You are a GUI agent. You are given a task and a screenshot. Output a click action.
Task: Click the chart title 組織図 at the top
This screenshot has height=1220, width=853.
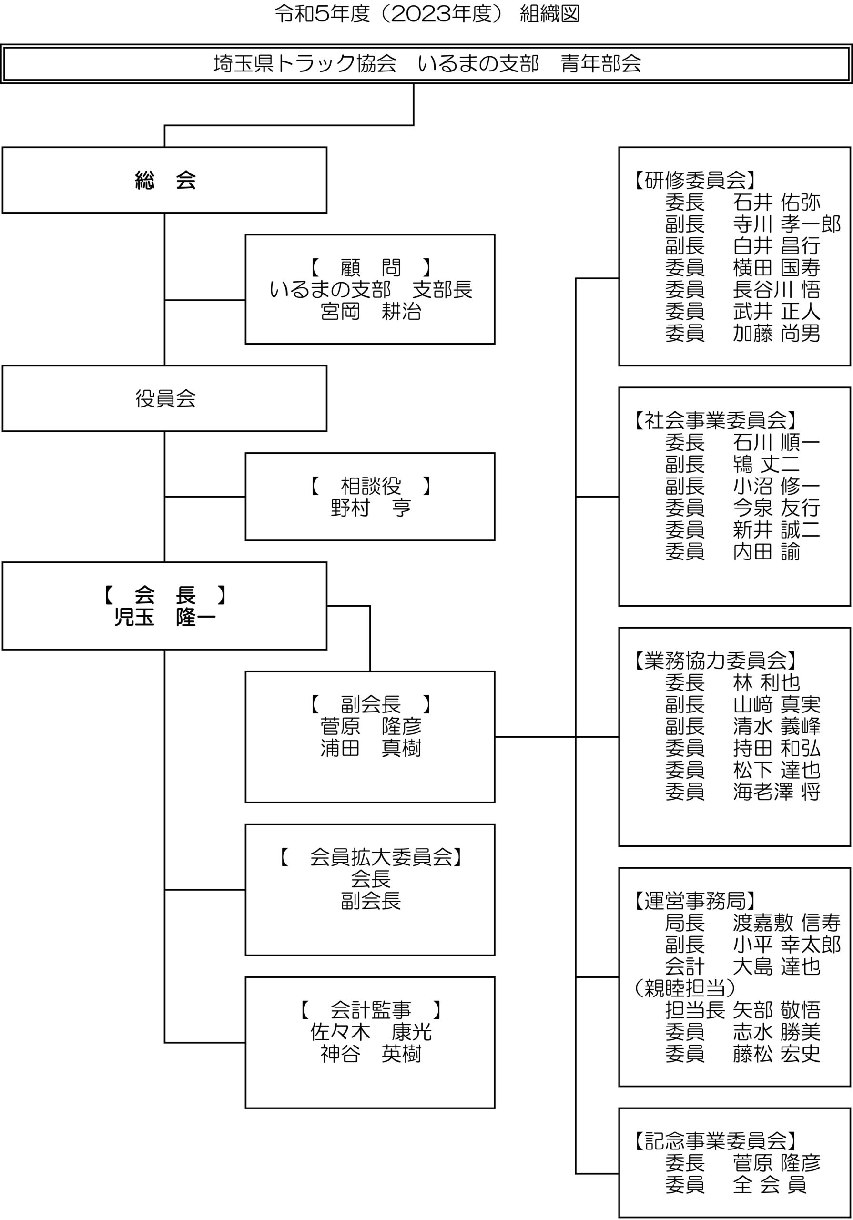click(x=549, y=14)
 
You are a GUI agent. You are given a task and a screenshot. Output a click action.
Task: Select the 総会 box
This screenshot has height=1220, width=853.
click(x=164, y=180)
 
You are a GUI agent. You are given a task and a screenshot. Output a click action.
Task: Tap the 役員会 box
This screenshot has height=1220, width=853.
click(x=164, y=398)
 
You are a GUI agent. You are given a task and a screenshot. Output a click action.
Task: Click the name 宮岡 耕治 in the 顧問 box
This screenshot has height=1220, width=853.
click(x=370, y=312)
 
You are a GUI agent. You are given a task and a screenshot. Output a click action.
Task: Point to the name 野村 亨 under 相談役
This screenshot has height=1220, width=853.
click(x=370, y=508)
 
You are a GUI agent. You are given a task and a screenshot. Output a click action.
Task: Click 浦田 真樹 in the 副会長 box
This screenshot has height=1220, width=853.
click(x=370, y=748)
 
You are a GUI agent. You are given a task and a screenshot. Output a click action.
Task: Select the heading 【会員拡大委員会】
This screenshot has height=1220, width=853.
click(x=370, y=857)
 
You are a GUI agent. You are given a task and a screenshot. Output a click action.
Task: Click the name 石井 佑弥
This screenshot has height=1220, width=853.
click(x=776, y=203)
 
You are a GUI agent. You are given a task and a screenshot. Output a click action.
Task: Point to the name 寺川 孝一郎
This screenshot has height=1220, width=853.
click(x=787, y=224)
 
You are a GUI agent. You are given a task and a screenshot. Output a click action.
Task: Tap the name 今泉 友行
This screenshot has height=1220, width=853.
click(x=776, y=508)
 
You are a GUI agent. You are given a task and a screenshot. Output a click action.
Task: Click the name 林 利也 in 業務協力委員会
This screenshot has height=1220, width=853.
click(x=766, y=683)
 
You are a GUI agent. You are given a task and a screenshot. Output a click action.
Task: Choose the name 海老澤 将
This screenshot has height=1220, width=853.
click(x=776, y=792)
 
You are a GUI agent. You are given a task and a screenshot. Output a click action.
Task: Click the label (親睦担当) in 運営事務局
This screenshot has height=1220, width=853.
click(x=684, y=988)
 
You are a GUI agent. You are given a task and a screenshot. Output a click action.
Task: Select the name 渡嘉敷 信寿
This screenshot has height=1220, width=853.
click(x=787, y=923)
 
